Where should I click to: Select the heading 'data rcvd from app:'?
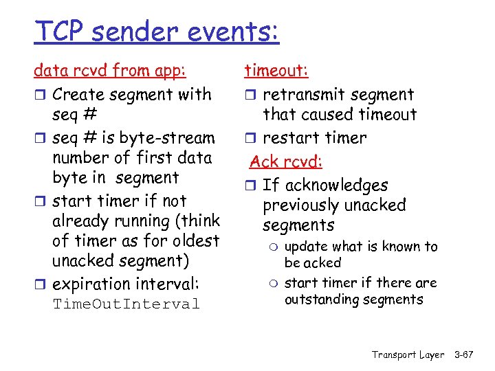pos(110,71)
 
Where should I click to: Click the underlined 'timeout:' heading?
pos(277,71)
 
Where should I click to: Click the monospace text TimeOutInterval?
pos(126,304)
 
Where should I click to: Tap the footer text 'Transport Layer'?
pos(408,355)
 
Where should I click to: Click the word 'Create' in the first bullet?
pos(77,94)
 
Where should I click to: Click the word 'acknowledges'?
pos(336,185)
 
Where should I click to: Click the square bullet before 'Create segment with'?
pos(40,95)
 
